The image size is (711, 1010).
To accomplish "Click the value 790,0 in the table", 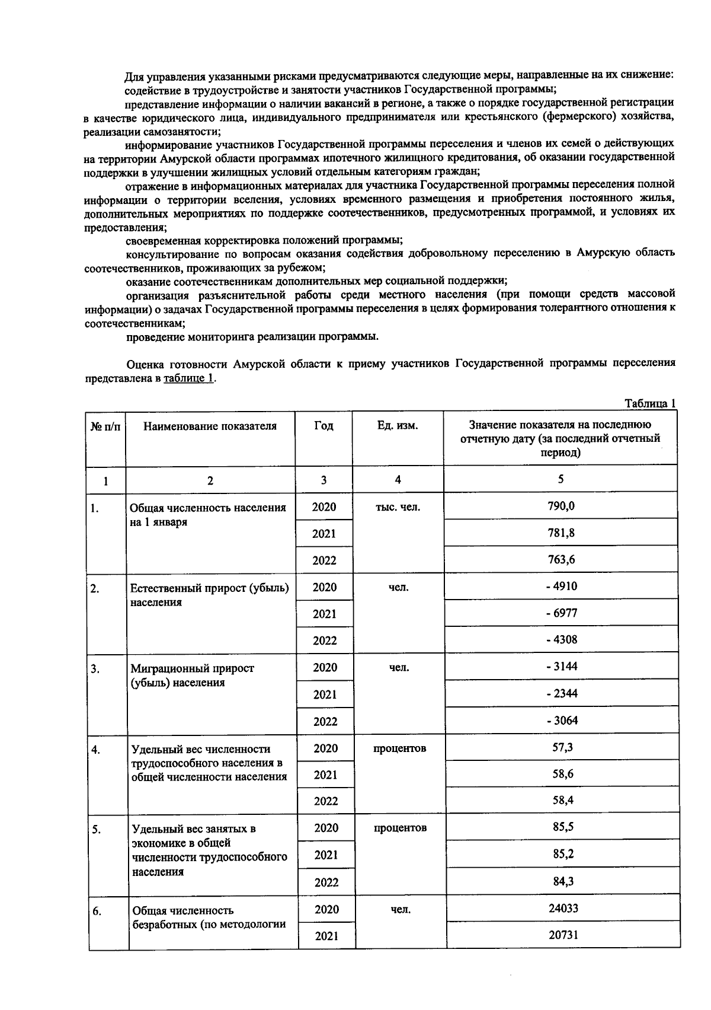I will pos(561,506).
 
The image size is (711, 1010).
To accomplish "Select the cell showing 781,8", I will pos(561,533).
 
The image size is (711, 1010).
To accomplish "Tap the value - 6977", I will pos(561,613).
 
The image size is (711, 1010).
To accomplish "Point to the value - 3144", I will pos(562,667).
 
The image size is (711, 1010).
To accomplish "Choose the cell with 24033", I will pos(563,908).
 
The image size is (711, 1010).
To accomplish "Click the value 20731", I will pos(563,935).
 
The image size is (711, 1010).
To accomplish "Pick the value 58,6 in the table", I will pos(562,774).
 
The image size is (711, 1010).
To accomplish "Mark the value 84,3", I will pos(563,881).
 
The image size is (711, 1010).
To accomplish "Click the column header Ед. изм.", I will pos(398,426).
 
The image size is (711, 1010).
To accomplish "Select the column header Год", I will pos(324,426).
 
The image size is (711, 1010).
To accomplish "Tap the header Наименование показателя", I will pos(210,426).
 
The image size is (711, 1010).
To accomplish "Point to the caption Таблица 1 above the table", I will pos(650,403).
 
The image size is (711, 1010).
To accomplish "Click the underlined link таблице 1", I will pos(188,378).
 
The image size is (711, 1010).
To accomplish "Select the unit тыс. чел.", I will pos(398,507).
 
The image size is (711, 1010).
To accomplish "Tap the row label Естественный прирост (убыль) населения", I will pos(209,595).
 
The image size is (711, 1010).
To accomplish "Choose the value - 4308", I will pos(561,639).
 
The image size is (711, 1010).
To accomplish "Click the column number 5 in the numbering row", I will pos(561,479).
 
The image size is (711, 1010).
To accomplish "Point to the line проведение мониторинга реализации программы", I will pos(252,337).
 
